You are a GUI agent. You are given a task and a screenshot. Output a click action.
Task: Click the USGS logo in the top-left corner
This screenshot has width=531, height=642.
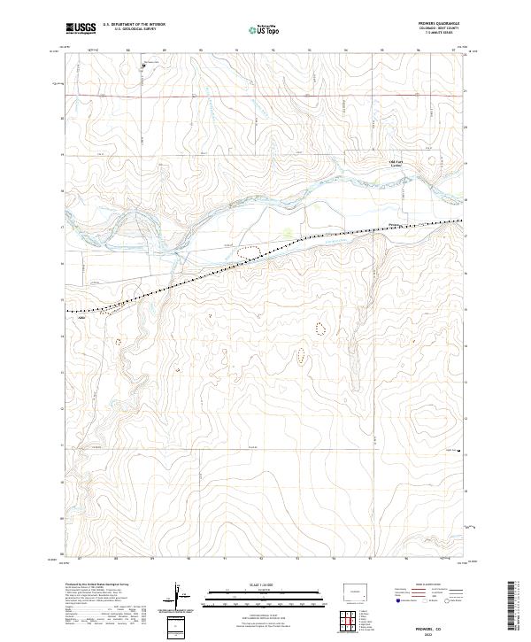coord(81,29)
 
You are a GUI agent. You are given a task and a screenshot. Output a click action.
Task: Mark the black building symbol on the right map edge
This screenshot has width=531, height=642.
coord(459,452)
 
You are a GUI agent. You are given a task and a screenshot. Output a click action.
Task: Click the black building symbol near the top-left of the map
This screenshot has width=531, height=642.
coord(144,64)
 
